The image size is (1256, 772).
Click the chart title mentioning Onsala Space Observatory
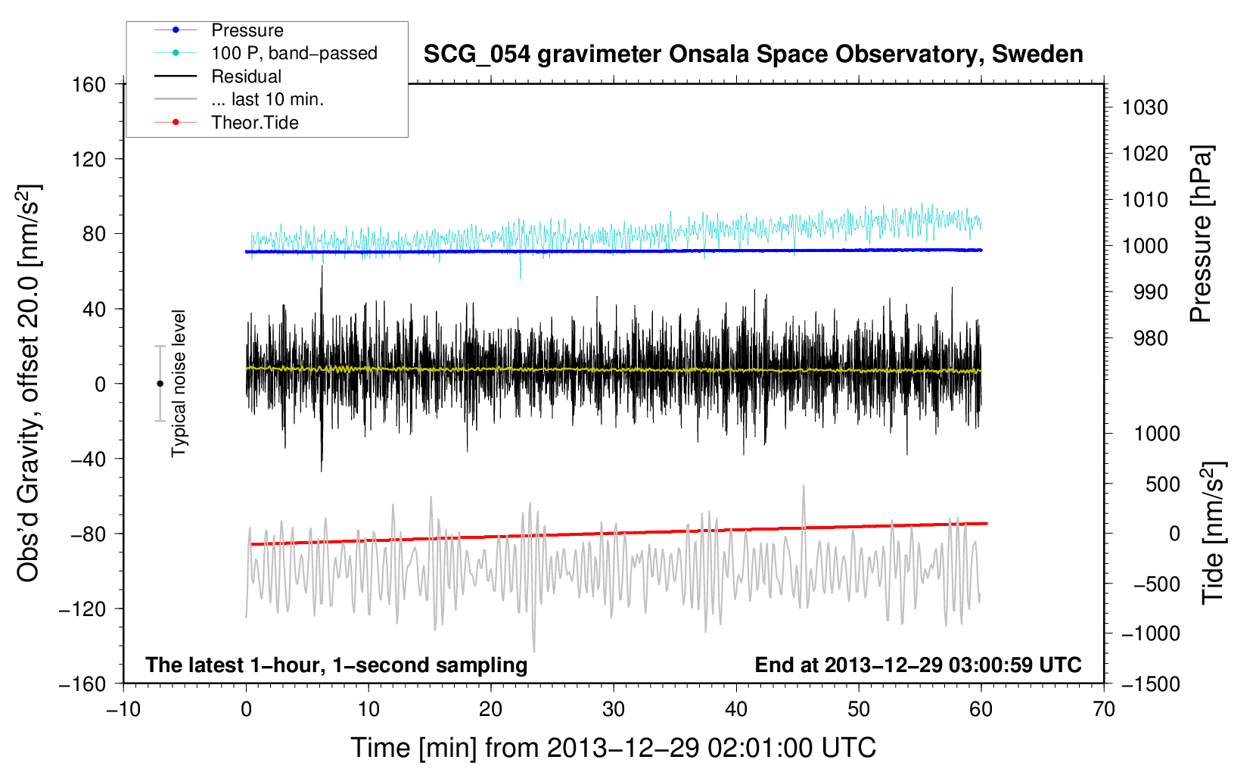[x=753, y=54]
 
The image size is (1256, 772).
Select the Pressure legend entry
[x=247, y=30]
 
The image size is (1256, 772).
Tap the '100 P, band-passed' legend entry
[x=294, y=53]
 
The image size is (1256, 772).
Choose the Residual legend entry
[x=246, y=76]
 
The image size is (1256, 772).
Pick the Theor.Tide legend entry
[x=254, y=123]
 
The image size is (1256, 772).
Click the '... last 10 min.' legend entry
[x=267, y=99]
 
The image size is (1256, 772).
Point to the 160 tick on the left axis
[x=89, y=85]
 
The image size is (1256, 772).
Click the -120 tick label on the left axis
[x=82, y=609]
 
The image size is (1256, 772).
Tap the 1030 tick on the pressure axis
[x=1145, y=107]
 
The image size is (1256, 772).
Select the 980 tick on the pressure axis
[x=1150, y=338]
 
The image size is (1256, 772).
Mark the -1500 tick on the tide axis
[x=1150, y=683]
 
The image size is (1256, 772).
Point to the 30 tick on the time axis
[x=614, y=709]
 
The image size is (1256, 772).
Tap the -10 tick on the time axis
[x=123, y=709]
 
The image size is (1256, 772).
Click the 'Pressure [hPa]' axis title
[x=1201, y=234]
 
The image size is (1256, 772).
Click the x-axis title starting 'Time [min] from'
[x=614, y=748]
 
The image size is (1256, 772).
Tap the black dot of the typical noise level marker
[x=160, y=384]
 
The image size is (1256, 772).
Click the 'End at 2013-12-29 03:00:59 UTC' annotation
[x=918, y=665]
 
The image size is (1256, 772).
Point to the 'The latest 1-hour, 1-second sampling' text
[x=336, y=665]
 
